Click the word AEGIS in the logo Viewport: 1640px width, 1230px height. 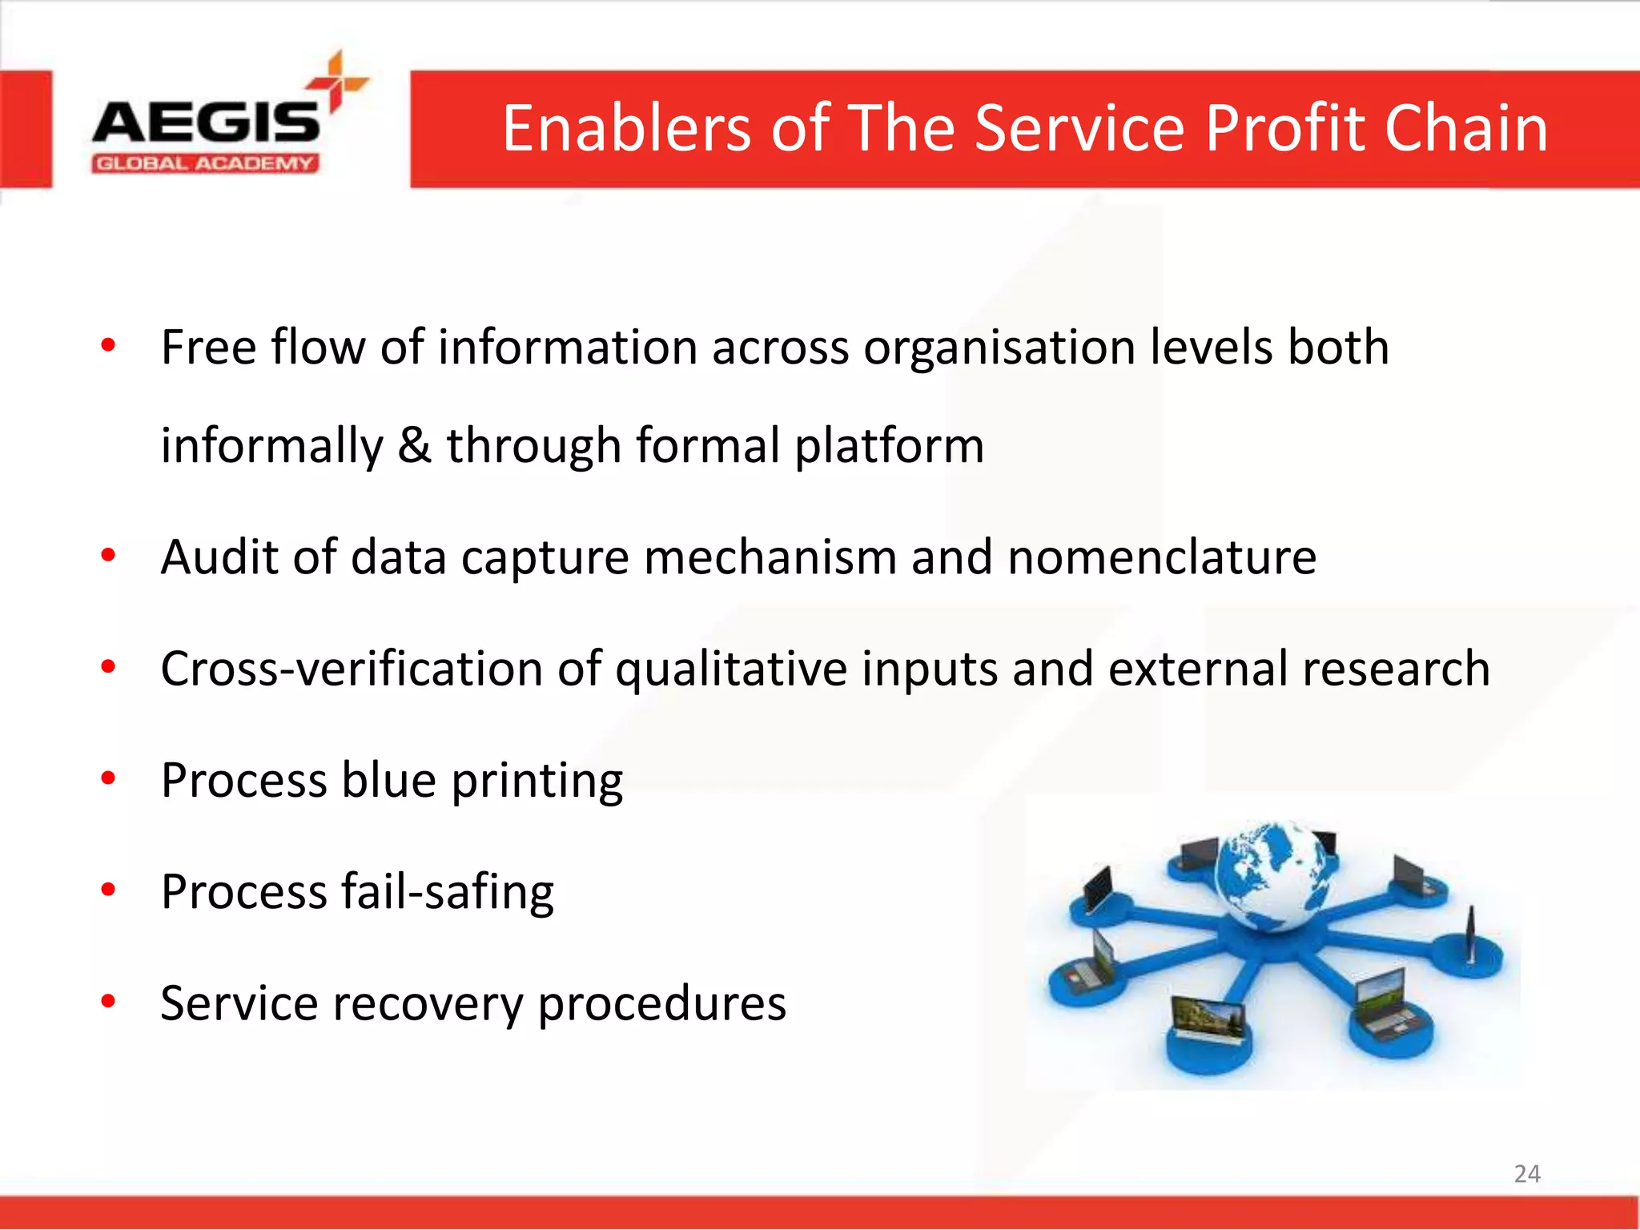point(205,124)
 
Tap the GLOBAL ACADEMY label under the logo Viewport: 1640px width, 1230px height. point(205,164)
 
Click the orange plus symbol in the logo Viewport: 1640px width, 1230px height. point(337,81)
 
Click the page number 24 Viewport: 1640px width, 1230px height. point(1526,1174)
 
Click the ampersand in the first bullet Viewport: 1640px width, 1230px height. point(414,445)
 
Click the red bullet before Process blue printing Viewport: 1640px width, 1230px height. point(109,778)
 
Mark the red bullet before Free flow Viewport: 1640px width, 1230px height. point(109,346)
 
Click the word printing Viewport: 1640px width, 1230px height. point(537,782)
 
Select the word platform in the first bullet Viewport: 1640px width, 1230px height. point(889,447)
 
